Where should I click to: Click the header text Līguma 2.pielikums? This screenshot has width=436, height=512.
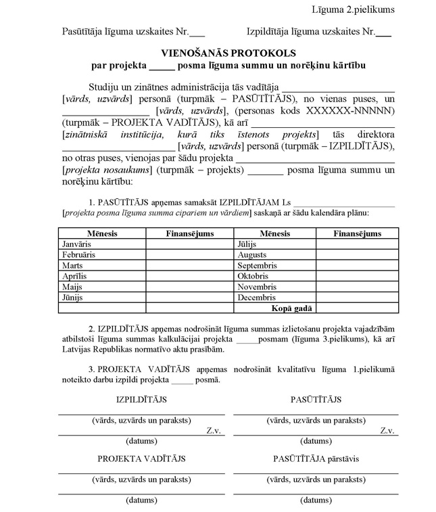pos(353,9)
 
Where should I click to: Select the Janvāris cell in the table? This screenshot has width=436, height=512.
pos(76,244)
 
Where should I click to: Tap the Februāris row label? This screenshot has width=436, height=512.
pos(78,255)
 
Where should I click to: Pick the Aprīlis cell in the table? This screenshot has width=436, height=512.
pos(74,277)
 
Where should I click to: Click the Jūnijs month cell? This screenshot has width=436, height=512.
pos(74,298)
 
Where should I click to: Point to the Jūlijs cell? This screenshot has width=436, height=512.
pos(248,244)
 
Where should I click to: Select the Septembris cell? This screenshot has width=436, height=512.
pos(258,266)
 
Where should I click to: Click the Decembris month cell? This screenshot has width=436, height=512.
pos(256,298)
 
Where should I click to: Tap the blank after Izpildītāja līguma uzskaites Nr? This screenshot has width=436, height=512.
pos(383,32)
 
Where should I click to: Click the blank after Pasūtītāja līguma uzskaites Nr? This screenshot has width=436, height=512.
pos(197,32)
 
